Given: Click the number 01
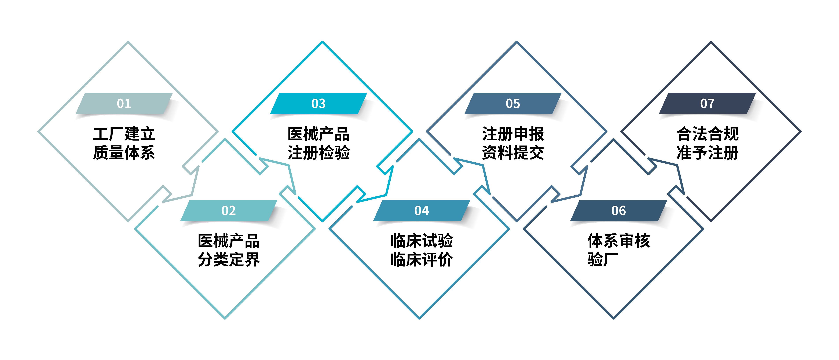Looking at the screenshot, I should [124, 104].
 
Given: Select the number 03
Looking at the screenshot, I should [318, 104].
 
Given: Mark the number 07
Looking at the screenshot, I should [707, 104].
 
